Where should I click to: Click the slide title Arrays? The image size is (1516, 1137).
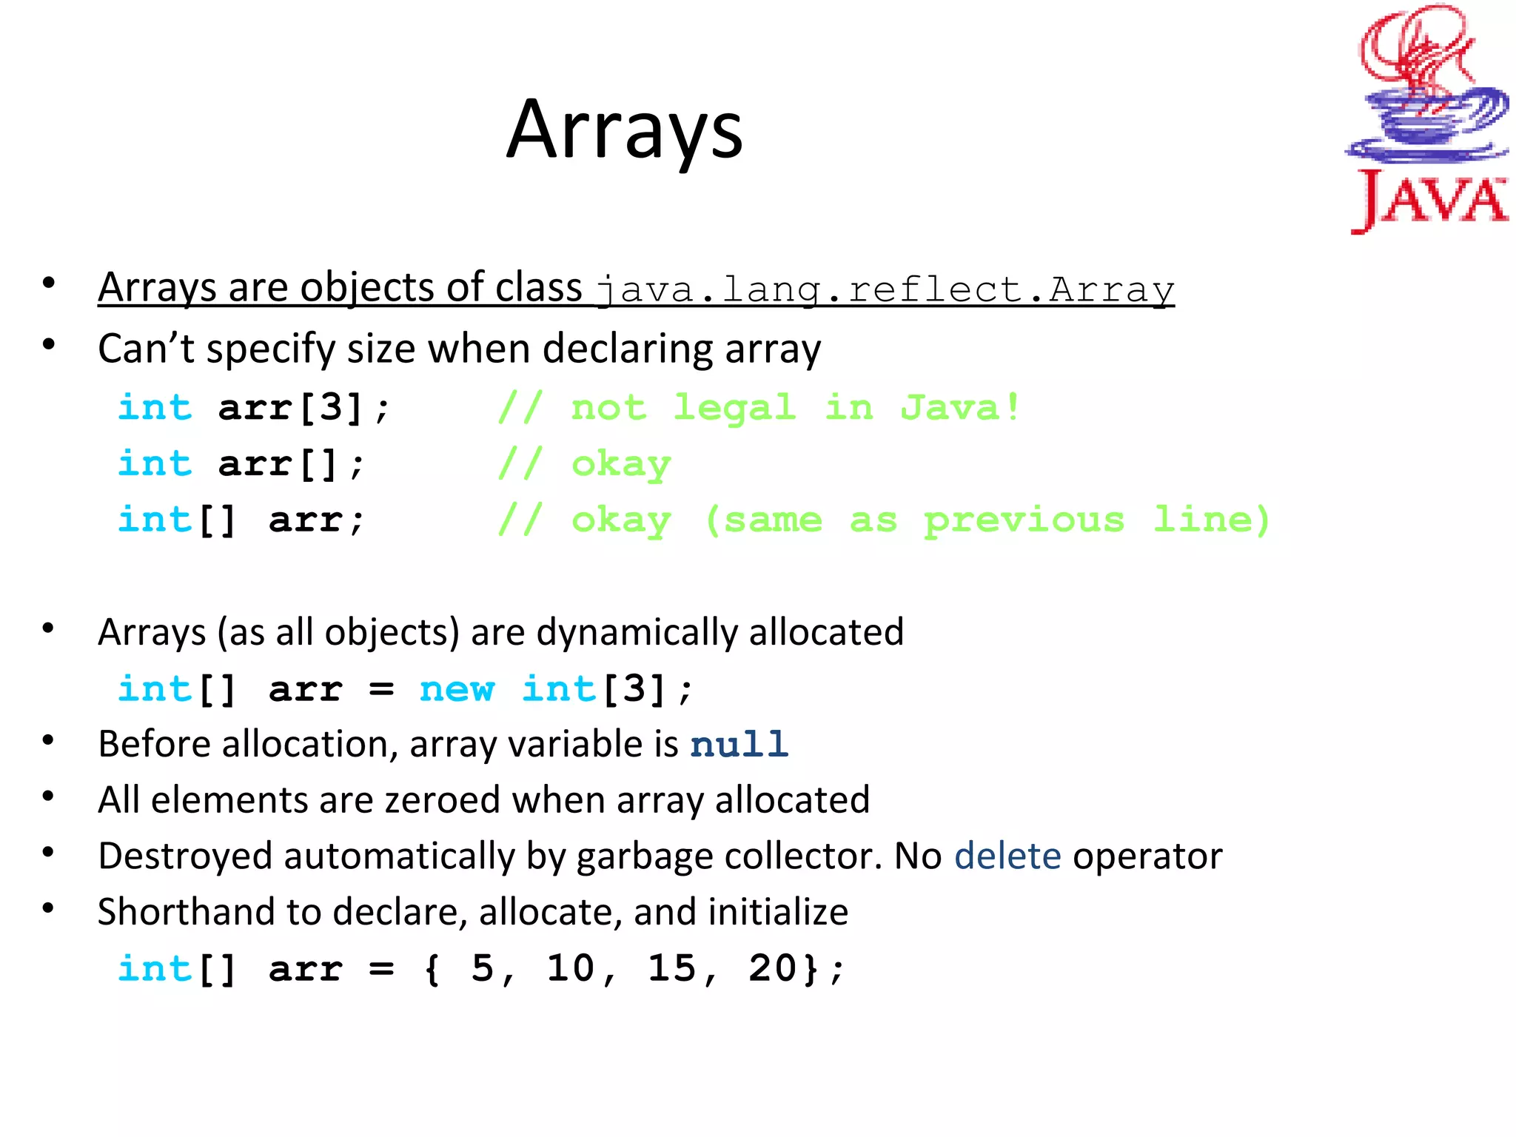[625, 132]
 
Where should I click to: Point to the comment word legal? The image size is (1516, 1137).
[734, 408]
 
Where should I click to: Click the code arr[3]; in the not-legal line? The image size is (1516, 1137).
[303, 408]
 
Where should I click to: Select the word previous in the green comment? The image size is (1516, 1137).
[1024, 520]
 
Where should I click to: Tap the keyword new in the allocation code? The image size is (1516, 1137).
[457, 690]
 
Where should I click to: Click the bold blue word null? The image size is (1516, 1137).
[739, 745]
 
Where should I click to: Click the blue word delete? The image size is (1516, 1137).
[1007, 856]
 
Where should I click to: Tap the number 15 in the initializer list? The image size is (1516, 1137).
[671, 969]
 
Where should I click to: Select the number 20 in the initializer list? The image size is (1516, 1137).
[773, 969]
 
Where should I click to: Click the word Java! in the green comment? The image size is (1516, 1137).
[960, 408]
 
